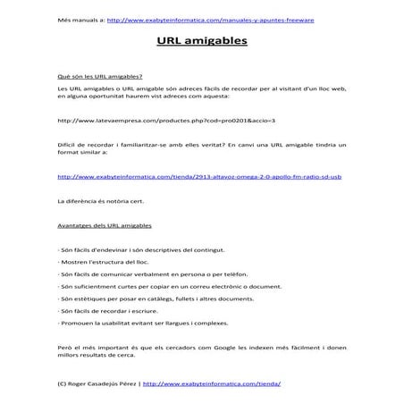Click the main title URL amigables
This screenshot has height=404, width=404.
(x=202, y=41)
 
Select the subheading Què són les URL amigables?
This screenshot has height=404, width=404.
(x=99, y=77)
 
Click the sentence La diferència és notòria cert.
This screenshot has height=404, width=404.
(x=99, y=201)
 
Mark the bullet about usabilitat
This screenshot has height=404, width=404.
(x=142, y=323)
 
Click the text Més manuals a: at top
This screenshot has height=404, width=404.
(x=80, y=18)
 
